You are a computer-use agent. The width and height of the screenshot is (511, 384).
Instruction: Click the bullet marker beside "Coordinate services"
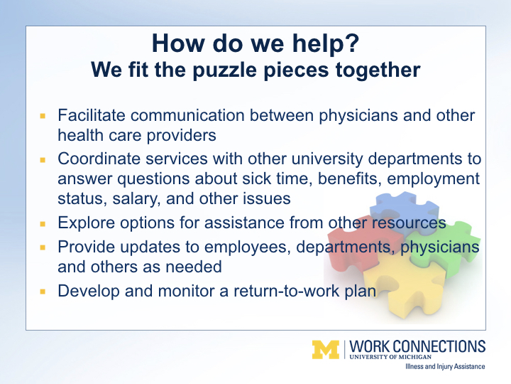click(x=43, y=160)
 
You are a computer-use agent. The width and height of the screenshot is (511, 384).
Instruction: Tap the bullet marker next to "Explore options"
click(x=43, y=224)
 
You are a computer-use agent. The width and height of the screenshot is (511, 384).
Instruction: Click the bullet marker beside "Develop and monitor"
click(x=43, y=292)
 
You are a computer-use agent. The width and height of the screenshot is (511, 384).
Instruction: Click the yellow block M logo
click(x=326, y=350)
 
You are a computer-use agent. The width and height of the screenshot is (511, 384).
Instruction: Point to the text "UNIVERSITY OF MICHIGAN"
click(x=390, y=357)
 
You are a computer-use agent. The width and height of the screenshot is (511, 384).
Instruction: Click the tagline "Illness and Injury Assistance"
click(x=445, y=366)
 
